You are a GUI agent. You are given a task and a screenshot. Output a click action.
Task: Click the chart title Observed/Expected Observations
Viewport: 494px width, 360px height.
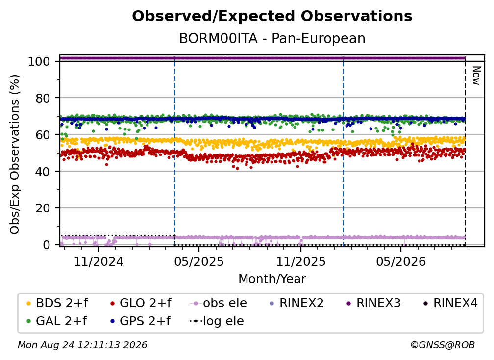tap(272, 16)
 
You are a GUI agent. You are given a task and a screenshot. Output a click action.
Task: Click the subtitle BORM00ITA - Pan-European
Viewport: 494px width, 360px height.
tap(272, 39)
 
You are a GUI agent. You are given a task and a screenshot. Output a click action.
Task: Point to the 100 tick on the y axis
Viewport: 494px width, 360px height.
tap(39, 61)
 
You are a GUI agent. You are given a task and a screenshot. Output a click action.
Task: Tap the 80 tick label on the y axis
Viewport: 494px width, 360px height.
tap(43, 98)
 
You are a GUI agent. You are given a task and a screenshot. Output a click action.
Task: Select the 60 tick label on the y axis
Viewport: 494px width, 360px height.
tap(43, 134)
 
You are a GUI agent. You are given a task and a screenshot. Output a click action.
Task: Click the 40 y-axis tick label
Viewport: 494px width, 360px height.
tap(43, 172)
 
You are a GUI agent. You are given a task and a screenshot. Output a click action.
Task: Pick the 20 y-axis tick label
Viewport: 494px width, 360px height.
tap(43, 208)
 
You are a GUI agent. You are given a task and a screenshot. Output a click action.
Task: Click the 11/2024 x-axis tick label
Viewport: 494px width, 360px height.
tap(99, 261)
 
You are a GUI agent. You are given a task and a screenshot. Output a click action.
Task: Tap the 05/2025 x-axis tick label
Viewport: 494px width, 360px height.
tap(199, 261)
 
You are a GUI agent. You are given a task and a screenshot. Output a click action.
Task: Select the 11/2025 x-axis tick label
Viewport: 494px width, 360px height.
tap(301, 261)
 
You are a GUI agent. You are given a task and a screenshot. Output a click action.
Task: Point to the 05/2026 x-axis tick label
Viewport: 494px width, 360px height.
tap(401, 261)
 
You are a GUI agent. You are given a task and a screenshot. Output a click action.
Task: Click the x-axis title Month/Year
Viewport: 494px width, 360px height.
tap(272, 279)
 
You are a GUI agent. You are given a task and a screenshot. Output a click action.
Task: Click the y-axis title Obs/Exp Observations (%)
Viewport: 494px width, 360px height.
tap(15, 154)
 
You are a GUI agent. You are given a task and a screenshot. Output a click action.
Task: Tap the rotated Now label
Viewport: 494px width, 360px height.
tap(476, 76)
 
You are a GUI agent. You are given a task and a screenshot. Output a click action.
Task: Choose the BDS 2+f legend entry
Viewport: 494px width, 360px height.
tap(57, 303)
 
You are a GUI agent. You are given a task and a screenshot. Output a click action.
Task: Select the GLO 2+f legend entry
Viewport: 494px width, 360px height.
tap(140, 303)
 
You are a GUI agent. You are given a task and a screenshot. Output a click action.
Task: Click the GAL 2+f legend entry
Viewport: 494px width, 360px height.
tap(56, 321)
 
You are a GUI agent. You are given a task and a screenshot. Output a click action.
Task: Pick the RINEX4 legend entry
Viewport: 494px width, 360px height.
tap(450, 303)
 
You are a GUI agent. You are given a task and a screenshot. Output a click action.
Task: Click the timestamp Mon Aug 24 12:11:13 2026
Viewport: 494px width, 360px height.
tap(82, 345)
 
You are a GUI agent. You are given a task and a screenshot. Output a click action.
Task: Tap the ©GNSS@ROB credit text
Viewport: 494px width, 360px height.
tap(443, 345)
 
